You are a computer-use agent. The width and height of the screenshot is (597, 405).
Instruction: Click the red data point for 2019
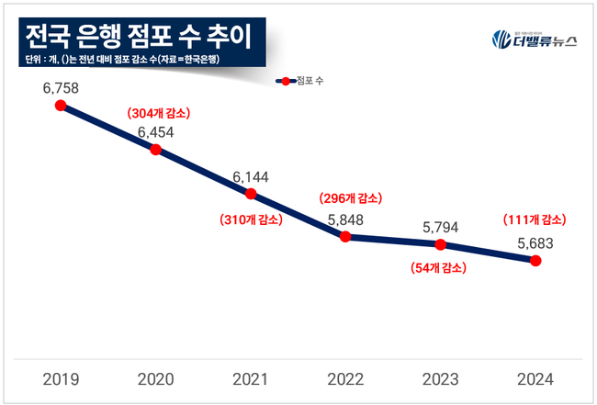pos(61,106)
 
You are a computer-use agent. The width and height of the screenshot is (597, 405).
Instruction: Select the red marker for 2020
pos(155,149)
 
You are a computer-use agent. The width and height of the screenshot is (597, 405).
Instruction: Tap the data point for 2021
pos(251,194)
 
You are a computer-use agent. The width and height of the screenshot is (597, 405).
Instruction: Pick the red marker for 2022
pos(345,236)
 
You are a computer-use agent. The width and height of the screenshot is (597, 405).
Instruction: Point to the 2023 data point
pos(441,244)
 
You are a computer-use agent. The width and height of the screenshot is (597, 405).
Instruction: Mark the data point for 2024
pos(535,261)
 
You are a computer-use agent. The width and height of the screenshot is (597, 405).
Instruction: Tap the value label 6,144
pos(251,176)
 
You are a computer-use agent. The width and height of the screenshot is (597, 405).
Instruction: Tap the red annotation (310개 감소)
pos(251,219)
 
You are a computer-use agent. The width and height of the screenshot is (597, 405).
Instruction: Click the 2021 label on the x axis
pos(251,378)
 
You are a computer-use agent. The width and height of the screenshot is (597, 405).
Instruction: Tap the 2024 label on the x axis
pos(535,378)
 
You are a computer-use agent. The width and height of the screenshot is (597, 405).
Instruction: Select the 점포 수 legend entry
pos(300,82)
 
